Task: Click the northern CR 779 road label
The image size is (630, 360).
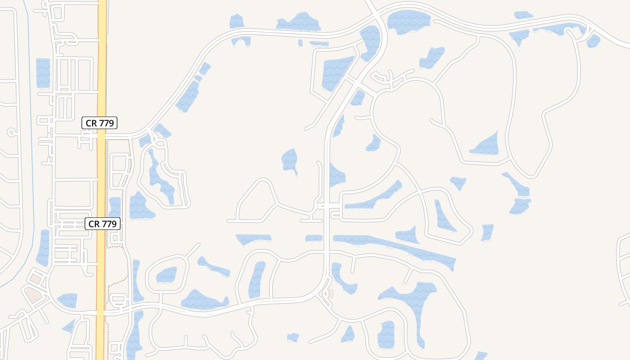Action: (x=99, y=122)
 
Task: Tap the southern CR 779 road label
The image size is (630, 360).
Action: (x=103, y=223)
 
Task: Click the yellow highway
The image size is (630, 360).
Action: (x=102, y=67)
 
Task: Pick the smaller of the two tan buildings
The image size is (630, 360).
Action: (x=36, y=279)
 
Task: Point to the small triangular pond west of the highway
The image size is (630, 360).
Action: (x=69, y=326)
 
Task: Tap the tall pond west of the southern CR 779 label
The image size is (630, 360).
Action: (x=44, y=247)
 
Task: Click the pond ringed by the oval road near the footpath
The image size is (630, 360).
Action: (x=167, y=274)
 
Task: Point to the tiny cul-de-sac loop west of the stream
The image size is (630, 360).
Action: (x=11, y=132)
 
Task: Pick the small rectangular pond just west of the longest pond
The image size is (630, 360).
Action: (x=314, y=238)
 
